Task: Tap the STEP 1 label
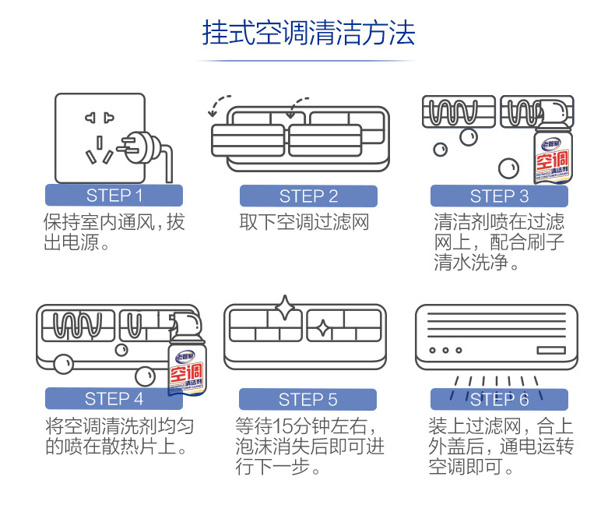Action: tap(114, 196)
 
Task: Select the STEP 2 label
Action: tap(308, 196)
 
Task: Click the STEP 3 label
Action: tap(499, 196)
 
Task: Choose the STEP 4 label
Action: tap(114, 399)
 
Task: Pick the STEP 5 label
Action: tap(308, 400)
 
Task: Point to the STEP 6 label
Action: tap(499, 400)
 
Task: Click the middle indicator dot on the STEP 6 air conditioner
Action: tap(446, 351)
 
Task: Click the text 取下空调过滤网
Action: tap(304, 223)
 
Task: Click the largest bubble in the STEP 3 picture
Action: tap(508, 166)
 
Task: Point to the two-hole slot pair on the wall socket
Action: tap(100, 118)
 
